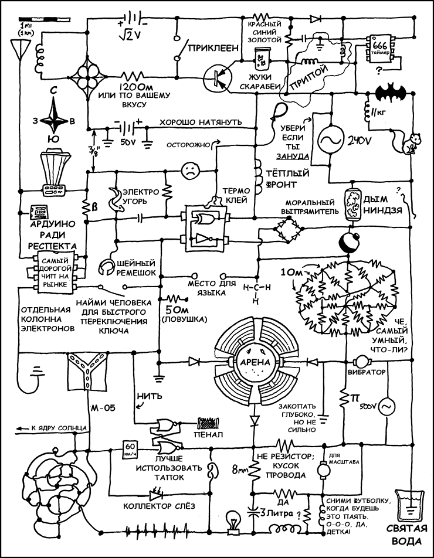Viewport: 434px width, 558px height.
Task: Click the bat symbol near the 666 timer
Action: point(390,91)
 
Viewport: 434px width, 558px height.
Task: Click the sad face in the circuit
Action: point(189,171)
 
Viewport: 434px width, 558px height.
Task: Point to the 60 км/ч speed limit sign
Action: point(130,448)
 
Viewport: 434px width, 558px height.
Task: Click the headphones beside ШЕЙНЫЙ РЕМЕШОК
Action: point(107,267)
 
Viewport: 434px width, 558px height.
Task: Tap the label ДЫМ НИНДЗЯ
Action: point(384,205)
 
